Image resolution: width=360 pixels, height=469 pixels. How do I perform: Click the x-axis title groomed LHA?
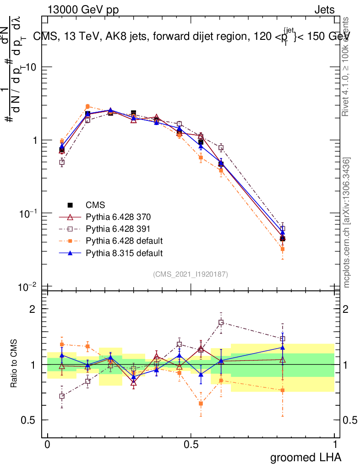pos(305,457)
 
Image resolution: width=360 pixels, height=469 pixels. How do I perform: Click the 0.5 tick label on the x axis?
pos(191,445)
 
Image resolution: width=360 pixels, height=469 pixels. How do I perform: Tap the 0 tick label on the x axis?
pos(47,445)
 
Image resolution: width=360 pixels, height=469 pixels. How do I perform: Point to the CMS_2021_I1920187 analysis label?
pos(191,274)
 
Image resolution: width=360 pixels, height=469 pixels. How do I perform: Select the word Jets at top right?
pos(324,10)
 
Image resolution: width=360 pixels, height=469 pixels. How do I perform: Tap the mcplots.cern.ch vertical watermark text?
pos(347,222)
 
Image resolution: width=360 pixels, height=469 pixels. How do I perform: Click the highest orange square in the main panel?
pos(87,106)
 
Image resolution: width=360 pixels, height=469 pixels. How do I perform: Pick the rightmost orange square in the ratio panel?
pos(283,390)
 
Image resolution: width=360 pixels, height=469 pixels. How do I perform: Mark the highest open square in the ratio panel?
pos(221,322)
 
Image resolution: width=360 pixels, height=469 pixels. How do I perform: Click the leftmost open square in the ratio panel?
pos(62,396)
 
